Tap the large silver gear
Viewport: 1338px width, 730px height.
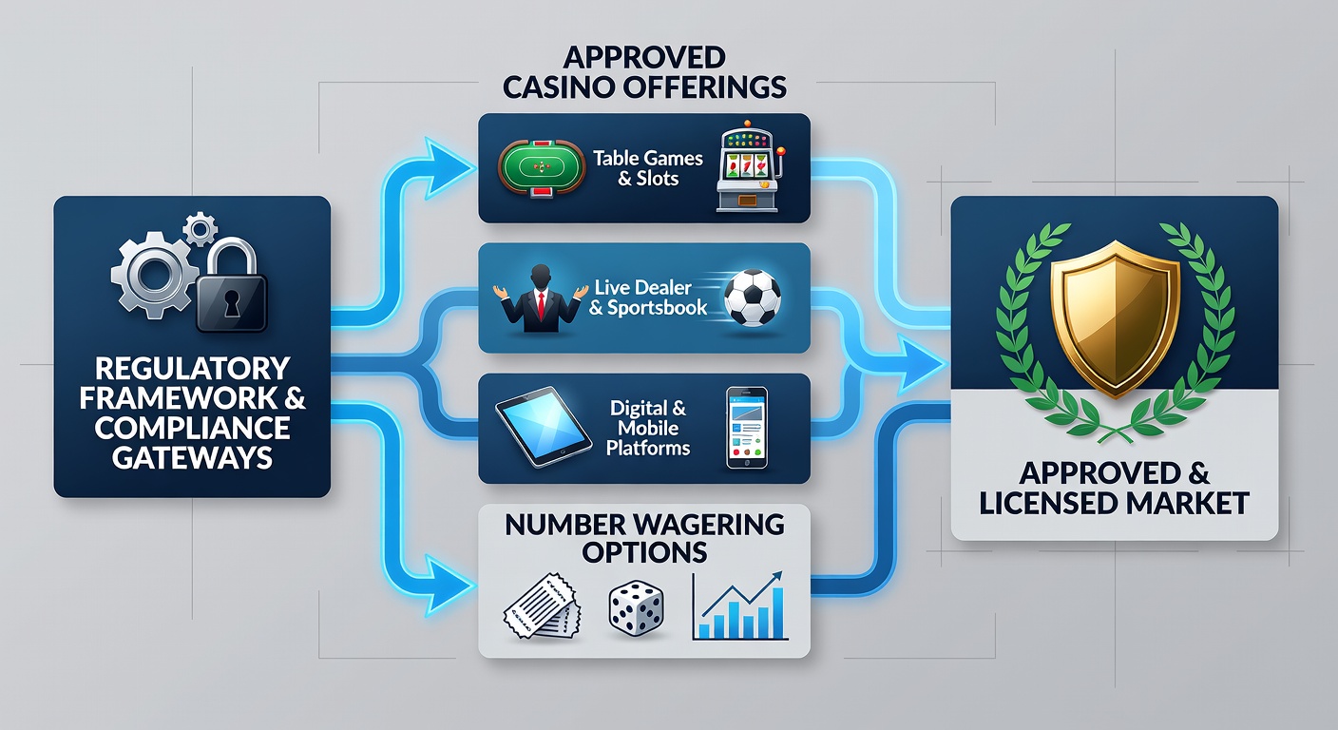coord(154,275)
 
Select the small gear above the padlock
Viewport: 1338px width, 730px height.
coord(201,229)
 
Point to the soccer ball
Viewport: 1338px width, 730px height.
coord(752,298)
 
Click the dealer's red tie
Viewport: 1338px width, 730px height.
coord(541,305)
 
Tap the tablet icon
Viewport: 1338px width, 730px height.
coord(544,427)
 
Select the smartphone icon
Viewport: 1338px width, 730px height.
coord(747,428)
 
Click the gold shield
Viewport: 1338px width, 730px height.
coord(1115,318)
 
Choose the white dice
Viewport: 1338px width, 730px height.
coord(636,608)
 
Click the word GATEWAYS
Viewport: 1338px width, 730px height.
coord(192,458)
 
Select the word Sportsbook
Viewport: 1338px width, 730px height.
coord(657,308)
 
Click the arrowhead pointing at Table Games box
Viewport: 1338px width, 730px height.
coord(448,168)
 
